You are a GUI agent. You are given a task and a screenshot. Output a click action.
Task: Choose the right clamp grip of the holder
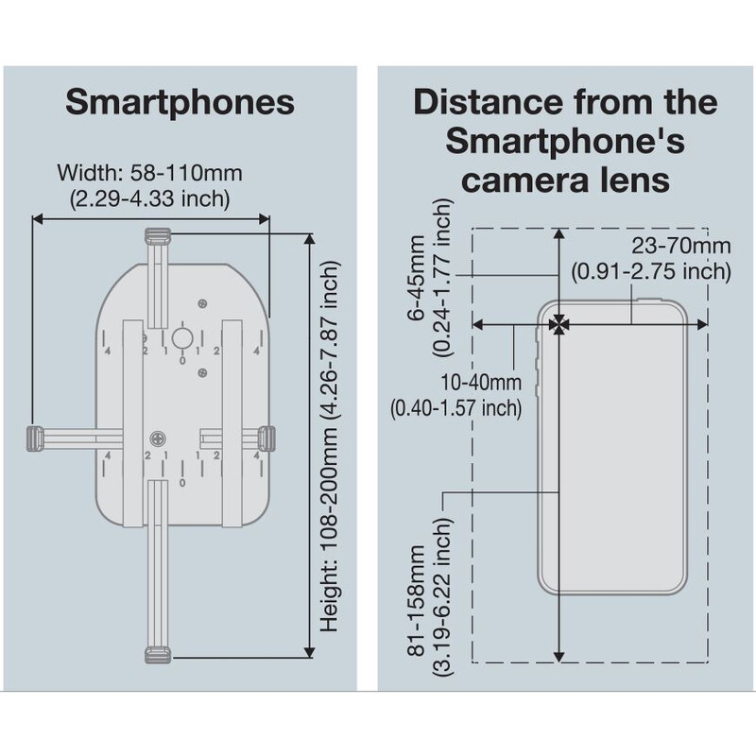point(266,438)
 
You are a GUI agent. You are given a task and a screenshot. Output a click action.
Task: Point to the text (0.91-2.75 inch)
point(652,270)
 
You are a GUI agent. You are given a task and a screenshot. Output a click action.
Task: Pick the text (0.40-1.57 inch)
point(456,407)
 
